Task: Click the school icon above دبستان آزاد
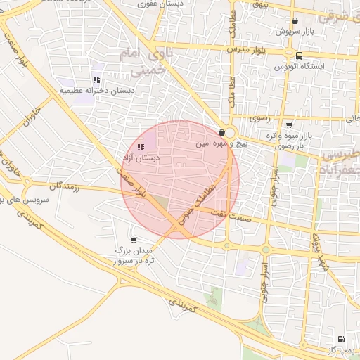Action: click(141, 148)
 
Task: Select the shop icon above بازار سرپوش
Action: click(294, 21)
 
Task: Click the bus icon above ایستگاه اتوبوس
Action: click(300, 56)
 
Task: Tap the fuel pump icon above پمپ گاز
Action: click(341, 339)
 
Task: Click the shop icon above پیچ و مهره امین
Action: click(222, 132)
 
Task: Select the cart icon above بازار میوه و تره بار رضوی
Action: click(289, 124)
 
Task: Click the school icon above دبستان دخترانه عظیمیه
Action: click(96, 80)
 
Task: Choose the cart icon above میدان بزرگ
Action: click(134, 240)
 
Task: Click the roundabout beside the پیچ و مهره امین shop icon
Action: click(231, 133)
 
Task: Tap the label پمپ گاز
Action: click(342, 349)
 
